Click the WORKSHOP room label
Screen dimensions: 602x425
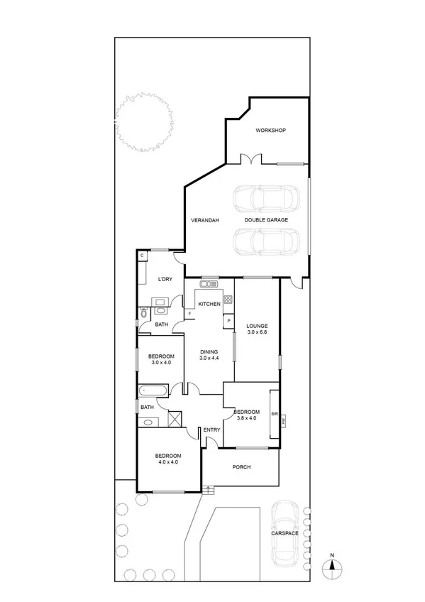270,131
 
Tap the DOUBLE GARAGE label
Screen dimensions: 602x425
266,220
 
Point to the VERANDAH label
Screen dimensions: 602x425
204,220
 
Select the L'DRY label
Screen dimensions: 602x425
165,279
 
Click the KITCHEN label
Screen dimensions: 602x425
209,304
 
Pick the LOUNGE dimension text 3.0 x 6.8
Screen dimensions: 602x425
258,332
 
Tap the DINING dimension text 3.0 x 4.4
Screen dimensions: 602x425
209,358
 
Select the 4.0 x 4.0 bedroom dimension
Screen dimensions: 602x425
168,462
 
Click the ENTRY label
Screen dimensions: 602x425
211,430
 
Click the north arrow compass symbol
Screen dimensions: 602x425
332,566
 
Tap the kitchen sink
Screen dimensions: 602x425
210,285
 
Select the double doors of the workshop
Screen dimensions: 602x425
250,159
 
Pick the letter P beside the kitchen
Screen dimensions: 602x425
228,321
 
